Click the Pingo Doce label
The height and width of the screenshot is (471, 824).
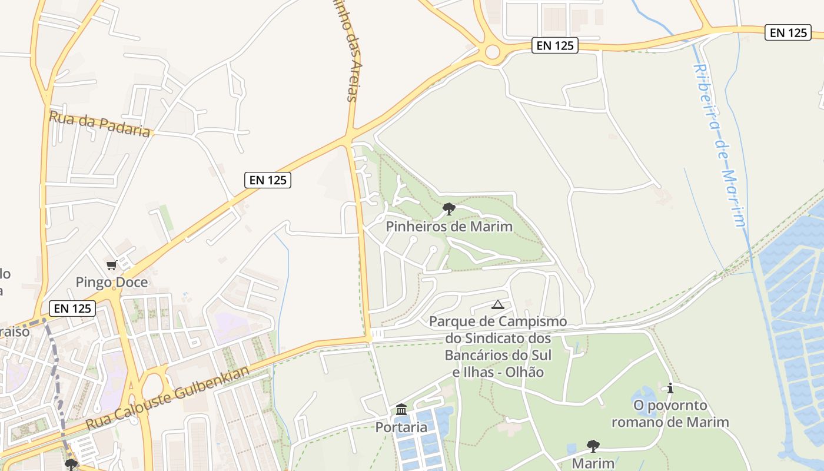click(112, 282)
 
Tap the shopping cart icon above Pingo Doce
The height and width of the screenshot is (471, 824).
click(112, 266)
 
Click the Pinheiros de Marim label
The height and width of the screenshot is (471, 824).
click(449, 227)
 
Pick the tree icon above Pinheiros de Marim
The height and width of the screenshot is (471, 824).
click(449, 208)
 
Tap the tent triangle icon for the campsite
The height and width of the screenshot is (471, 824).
click(498, 304)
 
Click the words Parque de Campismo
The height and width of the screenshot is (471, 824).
click(498, 321)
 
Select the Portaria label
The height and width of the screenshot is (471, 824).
click(401, 427)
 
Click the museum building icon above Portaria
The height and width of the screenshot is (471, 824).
click(401, 409)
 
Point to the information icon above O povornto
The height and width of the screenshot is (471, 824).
click(670, 388)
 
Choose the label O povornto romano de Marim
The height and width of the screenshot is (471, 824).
click(670, 414)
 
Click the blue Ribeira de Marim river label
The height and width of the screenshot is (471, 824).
click(720, 144)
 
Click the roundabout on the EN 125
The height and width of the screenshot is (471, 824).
click(492, 52)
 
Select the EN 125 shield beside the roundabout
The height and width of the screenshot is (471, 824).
click(555, 45)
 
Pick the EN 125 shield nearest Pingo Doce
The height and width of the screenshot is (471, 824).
click(72, 308)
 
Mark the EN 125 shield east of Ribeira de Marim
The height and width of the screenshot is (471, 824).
click(788, 32)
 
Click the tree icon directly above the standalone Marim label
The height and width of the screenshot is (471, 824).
click(593, 446)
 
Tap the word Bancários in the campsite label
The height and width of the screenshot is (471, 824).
click(479, 356)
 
